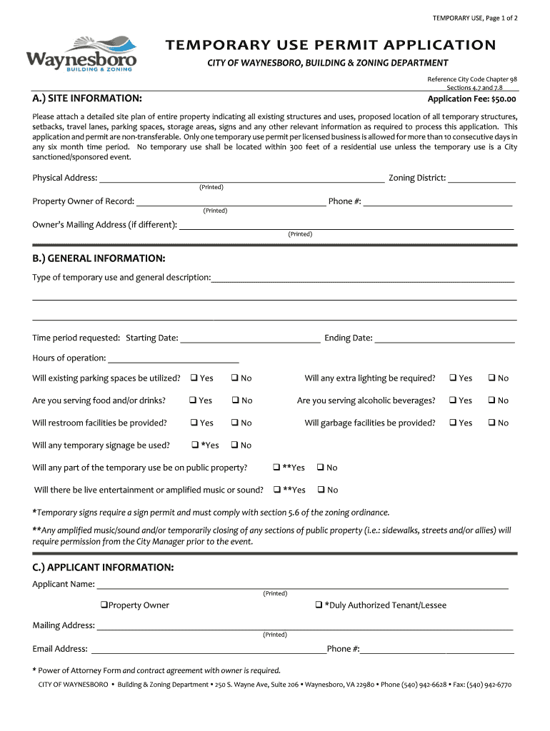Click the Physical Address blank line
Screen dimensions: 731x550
coord(241,178)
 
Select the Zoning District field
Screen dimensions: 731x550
coord(481,178)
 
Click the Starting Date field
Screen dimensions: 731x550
coord(250,338)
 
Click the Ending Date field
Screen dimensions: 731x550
coord(444,338)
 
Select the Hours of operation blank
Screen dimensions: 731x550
coord(173,358)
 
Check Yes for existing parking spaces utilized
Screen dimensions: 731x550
coord(193,378)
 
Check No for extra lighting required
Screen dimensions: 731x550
coord(491,378)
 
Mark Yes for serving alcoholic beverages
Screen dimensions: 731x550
coord(453,400)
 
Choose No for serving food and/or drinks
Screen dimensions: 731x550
coord(234,400)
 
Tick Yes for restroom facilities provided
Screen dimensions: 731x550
coord(193,423)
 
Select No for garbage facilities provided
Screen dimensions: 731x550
coord(491,423)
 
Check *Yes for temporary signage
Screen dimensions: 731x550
coord(195,445)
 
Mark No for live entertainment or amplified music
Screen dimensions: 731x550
coord(321,490)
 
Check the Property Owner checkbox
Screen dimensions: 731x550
coord(104,605)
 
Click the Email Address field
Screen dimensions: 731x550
coord(208,650)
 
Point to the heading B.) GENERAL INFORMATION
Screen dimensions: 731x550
coord(99,258)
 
